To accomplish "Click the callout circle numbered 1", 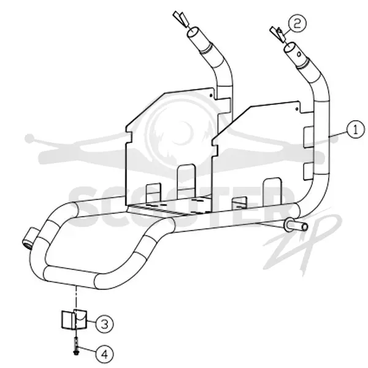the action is click(356, 130).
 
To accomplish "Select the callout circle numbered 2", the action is click(297, 24).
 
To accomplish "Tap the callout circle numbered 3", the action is click(105, 324).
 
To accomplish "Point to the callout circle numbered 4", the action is click(105, 354).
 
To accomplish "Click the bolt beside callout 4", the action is click(76, 345).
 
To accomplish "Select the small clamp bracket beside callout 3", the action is click(74, 320).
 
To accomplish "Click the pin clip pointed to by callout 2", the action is click(278, 34).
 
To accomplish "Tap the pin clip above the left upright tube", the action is click(181, 19).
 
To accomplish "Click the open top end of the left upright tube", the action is click(193, 33).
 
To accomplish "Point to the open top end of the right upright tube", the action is click(290, 48).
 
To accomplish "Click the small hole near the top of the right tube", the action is click(299, 54).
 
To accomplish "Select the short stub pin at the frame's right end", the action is click(296, 226).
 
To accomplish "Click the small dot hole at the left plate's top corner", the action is click(211, 96).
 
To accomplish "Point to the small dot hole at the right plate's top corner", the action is click(297, 109).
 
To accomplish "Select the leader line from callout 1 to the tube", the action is click(338, 134).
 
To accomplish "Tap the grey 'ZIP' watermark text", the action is click(303, 242).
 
